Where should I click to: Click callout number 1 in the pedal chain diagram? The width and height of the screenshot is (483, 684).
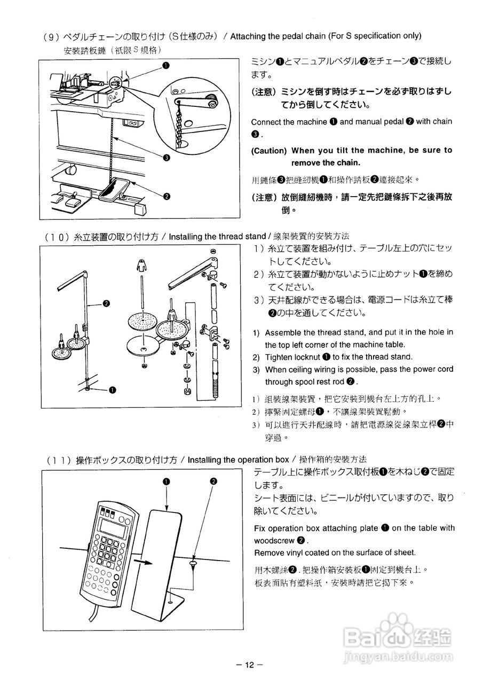pyautogui.click(x=166, y=66)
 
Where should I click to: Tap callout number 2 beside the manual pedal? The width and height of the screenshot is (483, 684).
pyautogui.click(x=167, y=196)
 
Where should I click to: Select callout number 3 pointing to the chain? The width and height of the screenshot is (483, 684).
pyautogui.click(x=167, y=158)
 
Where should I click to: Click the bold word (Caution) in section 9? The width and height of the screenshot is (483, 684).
pyautogui.click(x=269, y=151)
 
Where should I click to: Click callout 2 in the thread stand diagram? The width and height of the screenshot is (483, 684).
pyautogui.click(x=106, y=304)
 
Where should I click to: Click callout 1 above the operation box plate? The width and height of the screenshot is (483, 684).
pyautogui.click(x=167, y=481)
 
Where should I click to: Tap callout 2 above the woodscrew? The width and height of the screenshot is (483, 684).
pyautogui.click(x=213, y=481)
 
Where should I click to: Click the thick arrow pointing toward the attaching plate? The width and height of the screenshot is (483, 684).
pyautogui.click(x=142, y=562)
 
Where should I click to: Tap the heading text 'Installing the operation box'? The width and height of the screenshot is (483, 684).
pyautogui.click(x=238, y=460)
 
